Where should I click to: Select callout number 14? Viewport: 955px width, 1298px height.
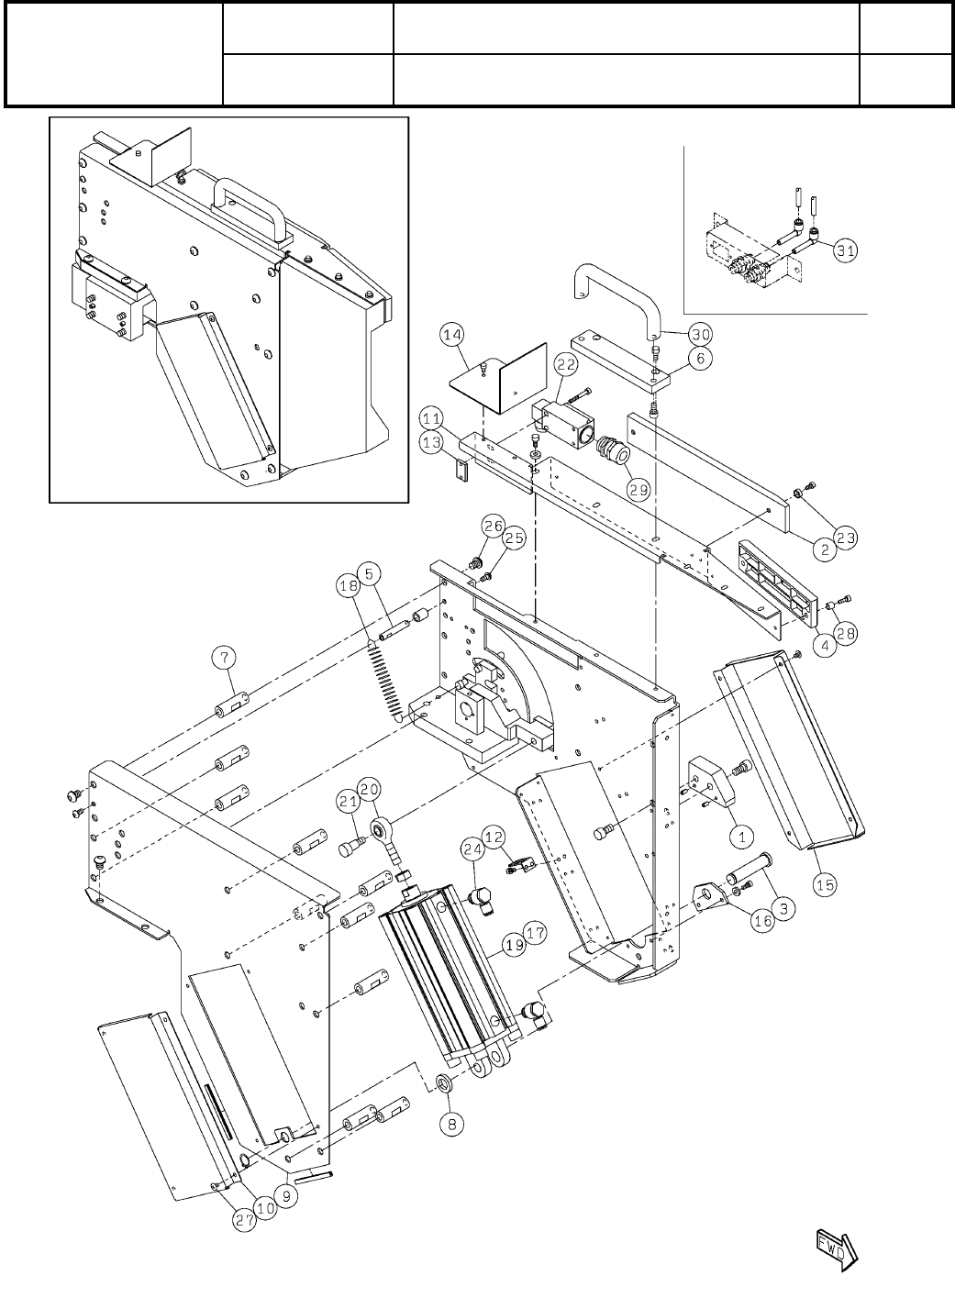click(x=451, y=336)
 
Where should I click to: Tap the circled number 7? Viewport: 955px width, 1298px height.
click(x=224, y=657)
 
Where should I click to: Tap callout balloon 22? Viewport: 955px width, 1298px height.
click(x=565, y=365)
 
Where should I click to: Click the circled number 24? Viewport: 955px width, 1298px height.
click(x=472, y=851)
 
